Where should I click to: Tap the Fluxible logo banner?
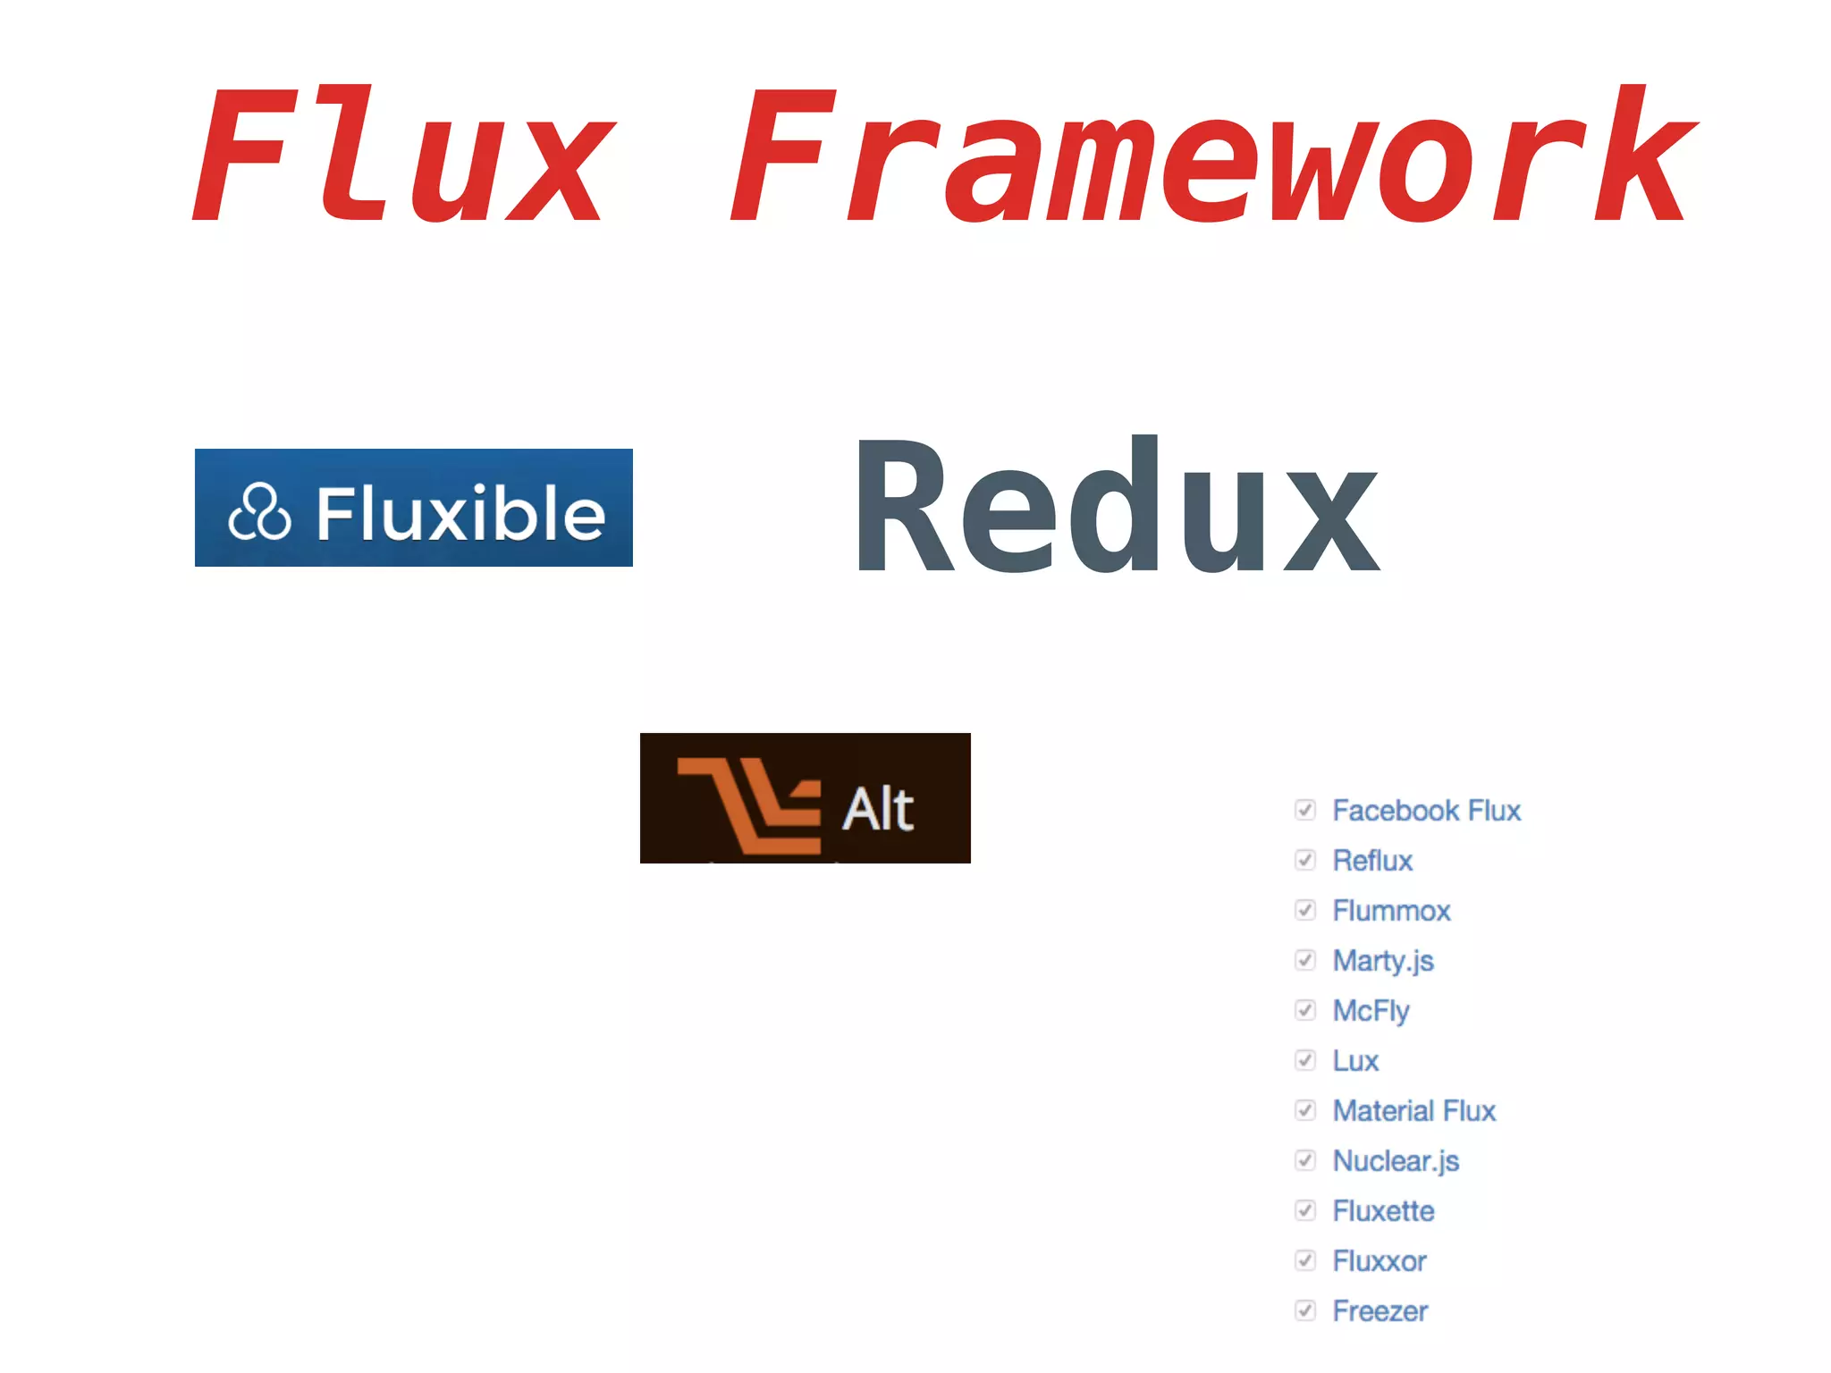point(413,507)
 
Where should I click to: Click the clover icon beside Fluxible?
point(259,512)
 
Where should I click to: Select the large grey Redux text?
point(1117,505)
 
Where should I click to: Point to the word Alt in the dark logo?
point(878,809)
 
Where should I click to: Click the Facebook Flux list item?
point(1426,811)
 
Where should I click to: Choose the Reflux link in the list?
point(1372,861)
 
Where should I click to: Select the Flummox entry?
point(1391,911)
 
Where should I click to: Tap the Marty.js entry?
point(1383,961)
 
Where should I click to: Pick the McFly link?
point(1371,1011)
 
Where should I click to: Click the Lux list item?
point(1355,1061)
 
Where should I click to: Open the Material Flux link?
point(1413,1111)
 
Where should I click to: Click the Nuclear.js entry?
point(1396,1161)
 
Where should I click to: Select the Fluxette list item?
point(1383,1211)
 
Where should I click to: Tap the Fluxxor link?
point(1380,1261)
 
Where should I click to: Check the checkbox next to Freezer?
point(1305,1310)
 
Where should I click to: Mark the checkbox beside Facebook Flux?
point(1305,810)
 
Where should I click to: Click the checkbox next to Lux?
point(1305,1060)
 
